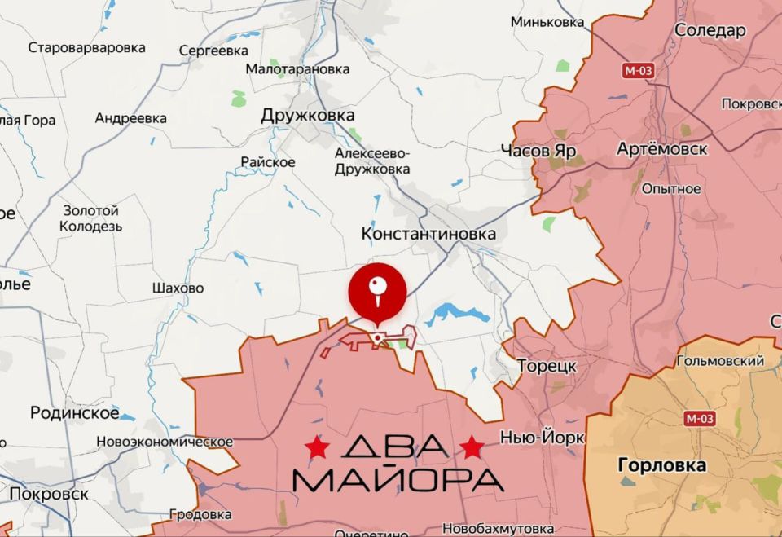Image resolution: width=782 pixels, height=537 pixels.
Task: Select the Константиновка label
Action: (428, 235)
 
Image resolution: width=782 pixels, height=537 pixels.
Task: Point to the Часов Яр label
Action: (538, 151)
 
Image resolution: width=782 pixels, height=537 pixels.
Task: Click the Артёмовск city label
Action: (662, 149)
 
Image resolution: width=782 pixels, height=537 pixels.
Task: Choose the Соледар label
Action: (710, 31)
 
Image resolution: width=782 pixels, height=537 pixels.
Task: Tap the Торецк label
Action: (547, 365)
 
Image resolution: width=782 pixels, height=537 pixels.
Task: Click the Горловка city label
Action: (662, 466)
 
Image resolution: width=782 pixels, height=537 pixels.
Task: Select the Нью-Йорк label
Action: (543, 438)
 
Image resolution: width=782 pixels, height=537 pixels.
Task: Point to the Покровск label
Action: (49, 494)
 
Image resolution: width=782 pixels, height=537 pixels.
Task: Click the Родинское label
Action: (74, 412)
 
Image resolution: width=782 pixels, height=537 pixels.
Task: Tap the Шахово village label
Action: (178, 288)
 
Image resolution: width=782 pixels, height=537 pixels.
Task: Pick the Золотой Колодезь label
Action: (91, 218)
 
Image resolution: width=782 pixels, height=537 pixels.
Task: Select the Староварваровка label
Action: (87, 47)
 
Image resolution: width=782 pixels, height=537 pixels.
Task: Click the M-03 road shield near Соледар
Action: (638, 70)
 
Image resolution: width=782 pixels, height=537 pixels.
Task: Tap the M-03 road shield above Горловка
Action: (700, 419)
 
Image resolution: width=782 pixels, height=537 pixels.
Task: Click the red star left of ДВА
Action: (317, 447)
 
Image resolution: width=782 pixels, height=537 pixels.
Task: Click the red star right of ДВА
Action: (472, 447)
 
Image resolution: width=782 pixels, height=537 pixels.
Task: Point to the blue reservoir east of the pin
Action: (457, 313)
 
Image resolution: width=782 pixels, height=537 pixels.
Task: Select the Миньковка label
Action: (547, 22)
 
